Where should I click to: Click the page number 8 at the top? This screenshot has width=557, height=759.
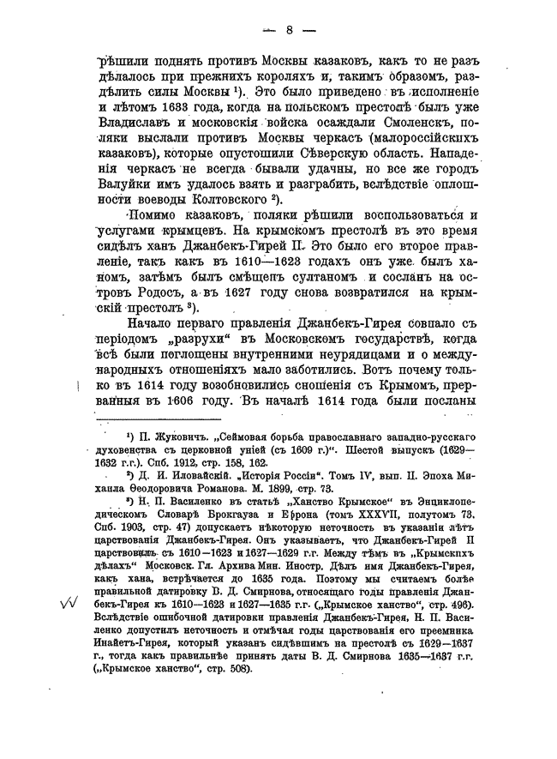(x=290, y=31)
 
